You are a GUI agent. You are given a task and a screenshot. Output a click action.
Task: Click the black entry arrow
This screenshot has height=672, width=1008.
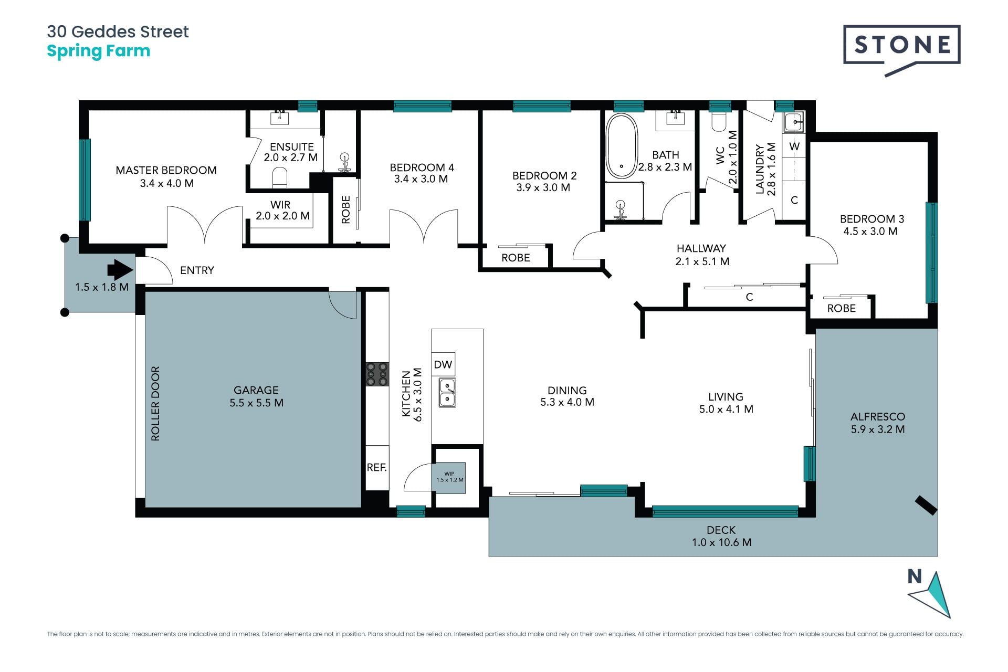tap(120, 270)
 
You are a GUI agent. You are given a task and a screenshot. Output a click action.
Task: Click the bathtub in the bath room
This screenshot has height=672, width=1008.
tap(622, 146)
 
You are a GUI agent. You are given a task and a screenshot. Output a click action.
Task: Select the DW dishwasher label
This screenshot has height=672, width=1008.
tap(443, 364)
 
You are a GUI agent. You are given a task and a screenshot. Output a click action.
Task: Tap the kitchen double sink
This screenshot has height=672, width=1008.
tap(447, 393)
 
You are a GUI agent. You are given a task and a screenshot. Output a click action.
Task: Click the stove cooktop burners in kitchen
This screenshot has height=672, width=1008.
tap(377, 374)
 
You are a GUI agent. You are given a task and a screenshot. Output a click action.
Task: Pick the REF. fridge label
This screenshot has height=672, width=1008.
tap(376, 467)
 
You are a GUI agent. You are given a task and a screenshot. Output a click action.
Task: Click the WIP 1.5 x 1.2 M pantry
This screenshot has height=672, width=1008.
tap(450, 477)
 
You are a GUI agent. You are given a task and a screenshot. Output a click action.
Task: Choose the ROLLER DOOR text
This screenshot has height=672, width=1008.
tap(155, 404)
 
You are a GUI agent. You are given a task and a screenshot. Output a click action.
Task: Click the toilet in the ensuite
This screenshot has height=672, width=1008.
tap(280, 178)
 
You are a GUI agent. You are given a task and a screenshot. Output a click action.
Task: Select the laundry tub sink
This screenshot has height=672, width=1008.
tap(793, 123)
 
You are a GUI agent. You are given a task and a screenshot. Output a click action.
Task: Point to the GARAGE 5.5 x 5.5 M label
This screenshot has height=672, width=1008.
tap(256, 396)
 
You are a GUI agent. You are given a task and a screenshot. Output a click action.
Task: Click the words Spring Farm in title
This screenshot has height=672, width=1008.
tap(99, 51)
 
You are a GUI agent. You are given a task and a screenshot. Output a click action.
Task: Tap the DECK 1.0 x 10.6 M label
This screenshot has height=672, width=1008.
tap(721, 536)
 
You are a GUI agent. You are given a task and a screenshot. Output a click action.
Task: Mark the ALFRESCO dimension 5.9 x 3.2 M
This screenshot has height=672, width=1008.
tap(878, 429)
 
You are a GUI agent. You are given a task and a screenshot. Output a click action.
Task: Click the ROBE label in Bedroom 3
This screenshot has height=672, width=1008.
tap(842, 308)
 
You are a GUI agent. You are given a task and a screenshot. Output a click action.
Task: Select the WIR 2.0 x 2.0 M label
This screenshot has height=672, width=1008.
tap(282, 210)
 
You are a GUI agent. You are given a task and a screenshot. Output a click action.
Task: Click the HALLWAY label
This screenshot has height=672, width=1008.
tap(701, 248)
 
